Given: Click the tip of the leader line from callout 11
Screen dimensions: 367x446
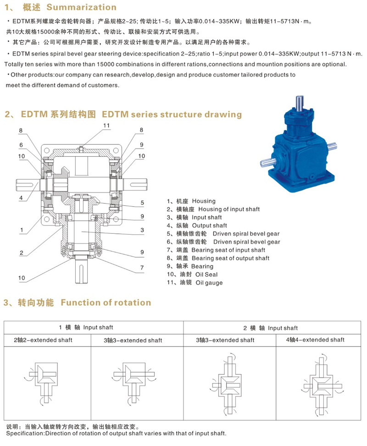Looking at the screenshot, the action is pyautogui.click(x=81, y=148).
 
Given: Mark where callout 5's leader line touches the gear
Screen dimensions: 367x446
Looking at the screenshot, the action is pyautogui.click(x=97, y=203).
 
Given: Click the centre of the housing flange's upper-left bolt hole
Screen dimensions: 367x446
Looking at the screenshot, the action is pyautogui.click(x=46, y=150).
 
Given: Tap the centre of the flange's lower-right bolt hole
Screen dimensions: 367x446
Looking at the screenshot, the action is pyautogui.click(x=116, y=219).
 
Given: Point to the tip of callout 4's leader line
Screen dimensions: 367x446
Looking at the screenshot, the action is pyautogui.click(x=39, y=183).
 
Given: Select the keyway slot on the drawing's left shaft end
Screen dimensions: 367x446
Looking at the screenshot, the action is pyautogui.click(x=25, y=185).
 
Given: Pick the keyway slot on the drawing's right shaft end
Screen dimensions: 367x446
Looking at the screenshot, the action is pyautogui.click(x=138, y=185).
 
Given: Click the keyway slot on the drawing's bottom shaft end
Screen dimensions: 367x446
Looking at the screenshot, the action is pyautogui.click(x=82, y=273).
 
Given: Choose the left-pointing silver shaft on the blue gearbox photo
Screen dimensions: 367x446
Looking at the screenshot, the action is pyautogui.click(x=267, y=163).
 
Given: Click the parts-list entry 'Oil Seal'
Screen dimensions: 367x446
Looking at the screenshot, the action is pyautogui.click(x=206, y=275).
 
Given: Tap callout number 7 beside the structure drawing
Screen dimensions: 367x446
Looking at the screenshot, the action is pyautogui.click(x=142, y=268).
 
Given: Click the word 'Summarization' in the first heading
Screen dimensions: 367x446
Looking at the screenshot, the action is pyautogui.click(x=82, y=7).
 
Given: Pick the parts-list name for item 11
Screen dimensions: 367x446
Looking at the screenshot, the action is pyautogui.click(x=209, y=283).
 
